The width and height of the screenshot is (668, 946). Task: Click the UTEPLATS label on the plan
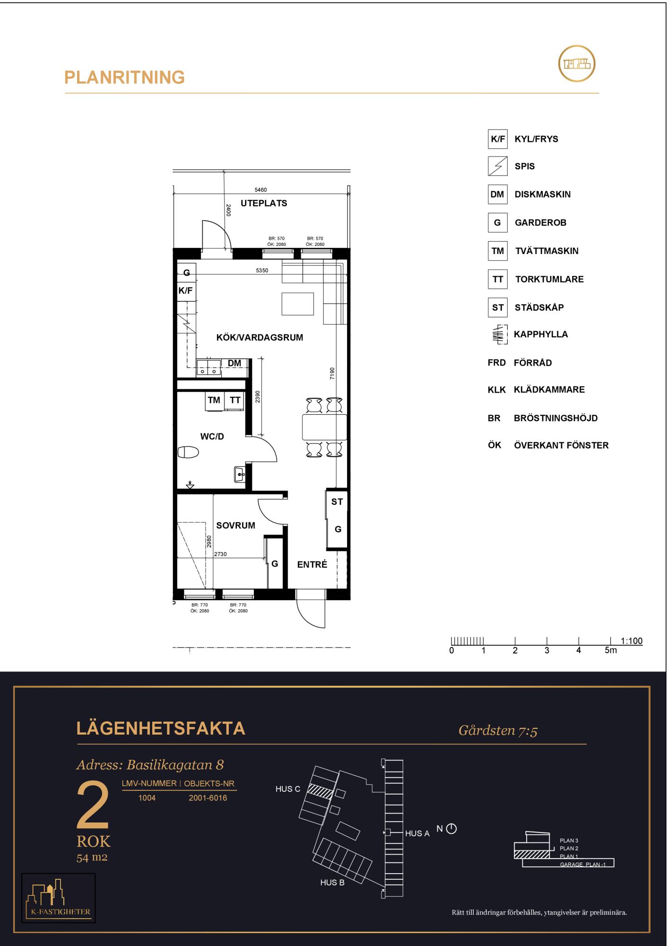click(x=264, y=203)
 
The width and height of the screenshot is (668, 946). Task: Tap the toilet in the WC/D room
click(x=188, y=453)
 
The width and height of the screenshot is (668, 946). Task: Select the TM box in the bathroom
click(x=214, y=400)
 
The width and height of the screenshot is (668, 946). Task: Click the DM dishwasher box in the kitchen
click(x=234, y=363)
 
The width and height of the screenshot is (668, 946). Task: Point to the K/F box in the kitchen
click(x=185, y=290)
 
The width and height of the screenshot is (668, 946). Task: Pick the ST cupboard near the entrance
click(x=337, y=502)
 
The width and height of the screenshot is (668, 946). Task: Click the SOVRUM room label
click(x=236, y=526)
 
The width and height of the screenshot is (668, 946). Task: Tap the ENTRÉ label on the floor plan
click(x=312, y=564)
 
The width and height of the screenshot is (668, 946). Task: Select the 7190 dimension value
click(x=332, y=374)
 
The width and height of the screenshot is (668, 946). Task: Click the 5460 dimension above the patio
click(x=260, y=190)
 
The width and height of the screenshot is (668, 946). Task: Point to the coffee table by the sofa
click(x=298, y=304)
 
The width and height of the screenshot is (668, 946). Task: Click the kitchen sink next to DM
click(x=209, y=367)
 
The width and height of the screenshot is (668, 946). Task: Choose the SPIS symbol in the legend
click(x=497, y=166)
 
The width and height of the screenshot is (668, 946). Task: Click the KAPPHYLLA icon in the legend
click(x=498, y=334)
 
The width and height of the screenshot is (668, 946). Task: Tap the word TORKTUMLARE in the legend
click(x=549, y=279)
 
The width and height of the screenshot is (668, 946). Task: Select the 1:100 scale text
click(x=632, y=641)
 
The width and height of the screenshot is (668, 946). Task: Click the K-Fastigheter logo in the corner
click(x=59, y=898)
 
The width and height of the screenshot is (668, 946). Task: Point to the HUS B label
click(x=332, y=883)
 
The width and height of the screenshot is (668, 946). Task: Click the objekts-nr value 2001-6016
click(x=208, y=798)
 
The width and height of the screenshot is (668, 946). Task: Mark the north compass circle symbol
click(x=451, y=829)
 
